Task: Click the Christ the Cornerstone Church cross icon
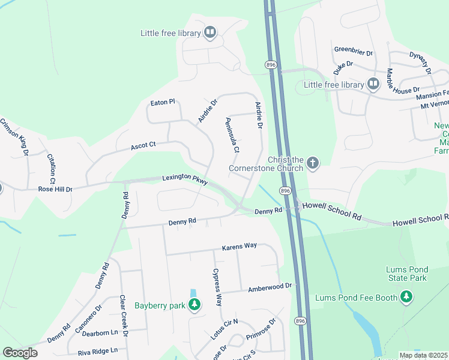point(312,163)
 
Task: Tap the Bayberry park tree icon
point(194,305)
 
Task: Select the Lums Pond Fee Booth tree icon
point(407,298)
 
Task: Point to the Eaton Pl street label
point(162,103)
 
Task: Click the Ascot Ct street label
point(143,146)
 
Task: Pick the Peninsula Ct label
point(232,134)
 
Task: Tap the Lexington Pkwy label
point(184,179)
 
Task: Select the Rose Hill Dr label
point(55,189)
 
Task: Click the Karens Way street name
point(239,247)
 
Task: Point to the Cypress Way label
point(217,287)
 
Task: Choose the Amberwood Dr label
point(270,287)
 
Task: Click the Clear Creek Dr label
point(123,315)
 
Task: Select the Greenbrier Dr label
point(354,50)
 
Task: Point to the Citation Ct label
point(51,169)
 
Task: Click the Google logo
point(20,353)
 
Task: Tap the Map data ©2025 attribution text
point(423,355)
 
